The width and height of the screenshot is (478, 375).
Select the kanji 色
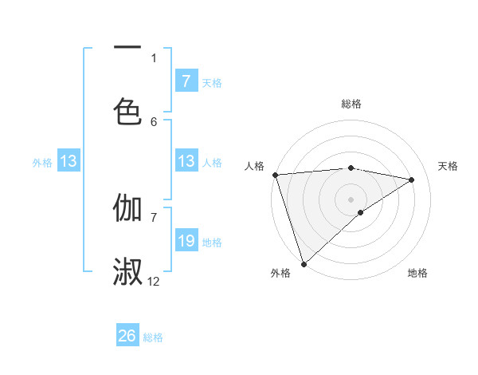click(x=127, y=111)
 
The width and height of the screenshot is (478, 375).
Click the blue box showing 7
click(x=186, y=81)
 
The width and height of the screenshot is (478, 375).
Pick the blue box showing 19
click(x=186, y=241)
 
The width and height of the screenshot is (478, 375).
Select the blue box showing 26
click(x=127, y=337)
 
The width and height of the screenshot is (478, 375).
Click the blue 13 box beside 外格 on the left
click(x=69, y=162)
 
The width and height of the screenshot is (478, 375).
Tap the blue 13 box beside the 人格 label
click(x=186, y=162)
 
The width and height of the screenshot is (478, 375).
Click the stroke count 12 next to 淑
click(x=154, y=281)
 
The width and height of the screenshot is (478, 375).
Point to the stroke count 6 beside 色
click(x=154, y=121)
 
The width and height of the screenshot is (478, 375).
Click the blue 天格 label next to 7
click(x=212, y=82)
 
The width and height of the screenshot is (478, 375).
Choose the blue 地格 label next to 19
click(x=212, y=242)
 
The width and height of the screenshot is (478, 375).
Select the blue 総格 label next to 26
click(x=153, y=337)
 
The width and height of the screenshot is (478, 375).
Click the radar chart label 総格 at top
click(x=351, y=104)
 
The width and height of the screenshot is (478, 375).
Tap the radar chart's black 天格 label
click(x=449, y=166)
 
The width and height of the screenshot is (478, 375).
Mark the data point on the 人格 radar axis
click(x=275, y=175)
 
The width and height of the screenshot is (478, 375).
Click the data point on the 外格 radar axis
click(x=304, y=263)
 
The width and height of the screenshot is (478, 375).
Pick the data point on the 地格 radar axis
click(x=361, y=212)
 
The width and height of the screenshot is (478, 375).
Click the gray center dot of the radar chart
click(x=351, y=199)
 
